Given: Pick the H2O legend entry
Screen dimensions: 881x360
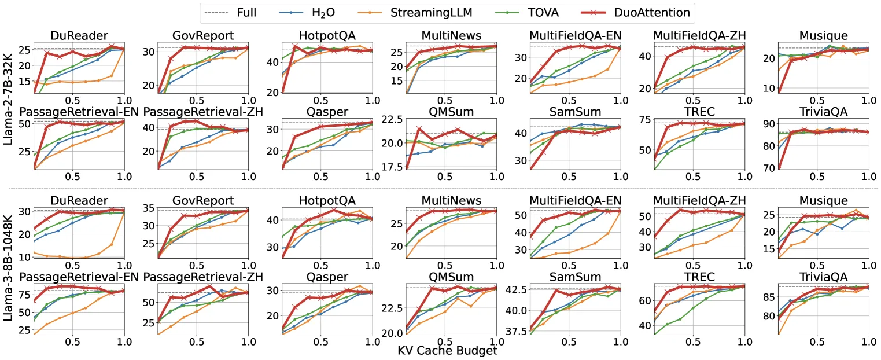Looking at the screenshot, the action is (x=307, y=13).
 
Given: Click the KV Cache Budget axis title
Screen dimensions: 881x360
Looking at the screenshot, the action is (x=447, y=351).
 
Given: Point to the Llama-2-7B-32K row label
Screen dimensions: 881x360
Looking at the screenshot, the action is (x=8, y=98).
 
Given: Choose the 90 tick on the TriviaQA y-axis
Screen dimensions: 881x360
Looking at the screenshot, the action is (x=769, y=124).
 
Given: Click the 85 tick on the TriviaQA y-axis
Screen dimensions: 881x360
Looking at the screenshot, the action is (x=769, y=297).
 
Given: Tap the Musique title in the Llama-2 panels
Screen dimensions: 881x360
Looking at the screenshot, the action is (x=823, y=35).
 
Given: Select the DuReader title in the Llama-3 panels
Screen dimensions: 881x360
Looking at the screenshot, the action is (x=79, y=200).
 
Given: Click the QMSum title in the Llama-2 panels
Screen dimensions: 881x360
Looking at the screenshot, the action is (x=451, y=112).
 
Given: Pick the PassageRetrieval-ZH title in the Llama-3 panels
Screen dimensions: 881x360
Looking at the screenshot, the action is (x=203, y=277).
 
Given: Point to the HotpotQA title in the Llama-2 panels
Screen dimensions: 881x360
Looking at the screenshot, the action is (x=327, y=35).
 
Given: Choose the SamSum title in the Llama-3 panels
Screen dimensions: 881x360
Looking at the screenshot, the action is (x=575, y=277).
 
